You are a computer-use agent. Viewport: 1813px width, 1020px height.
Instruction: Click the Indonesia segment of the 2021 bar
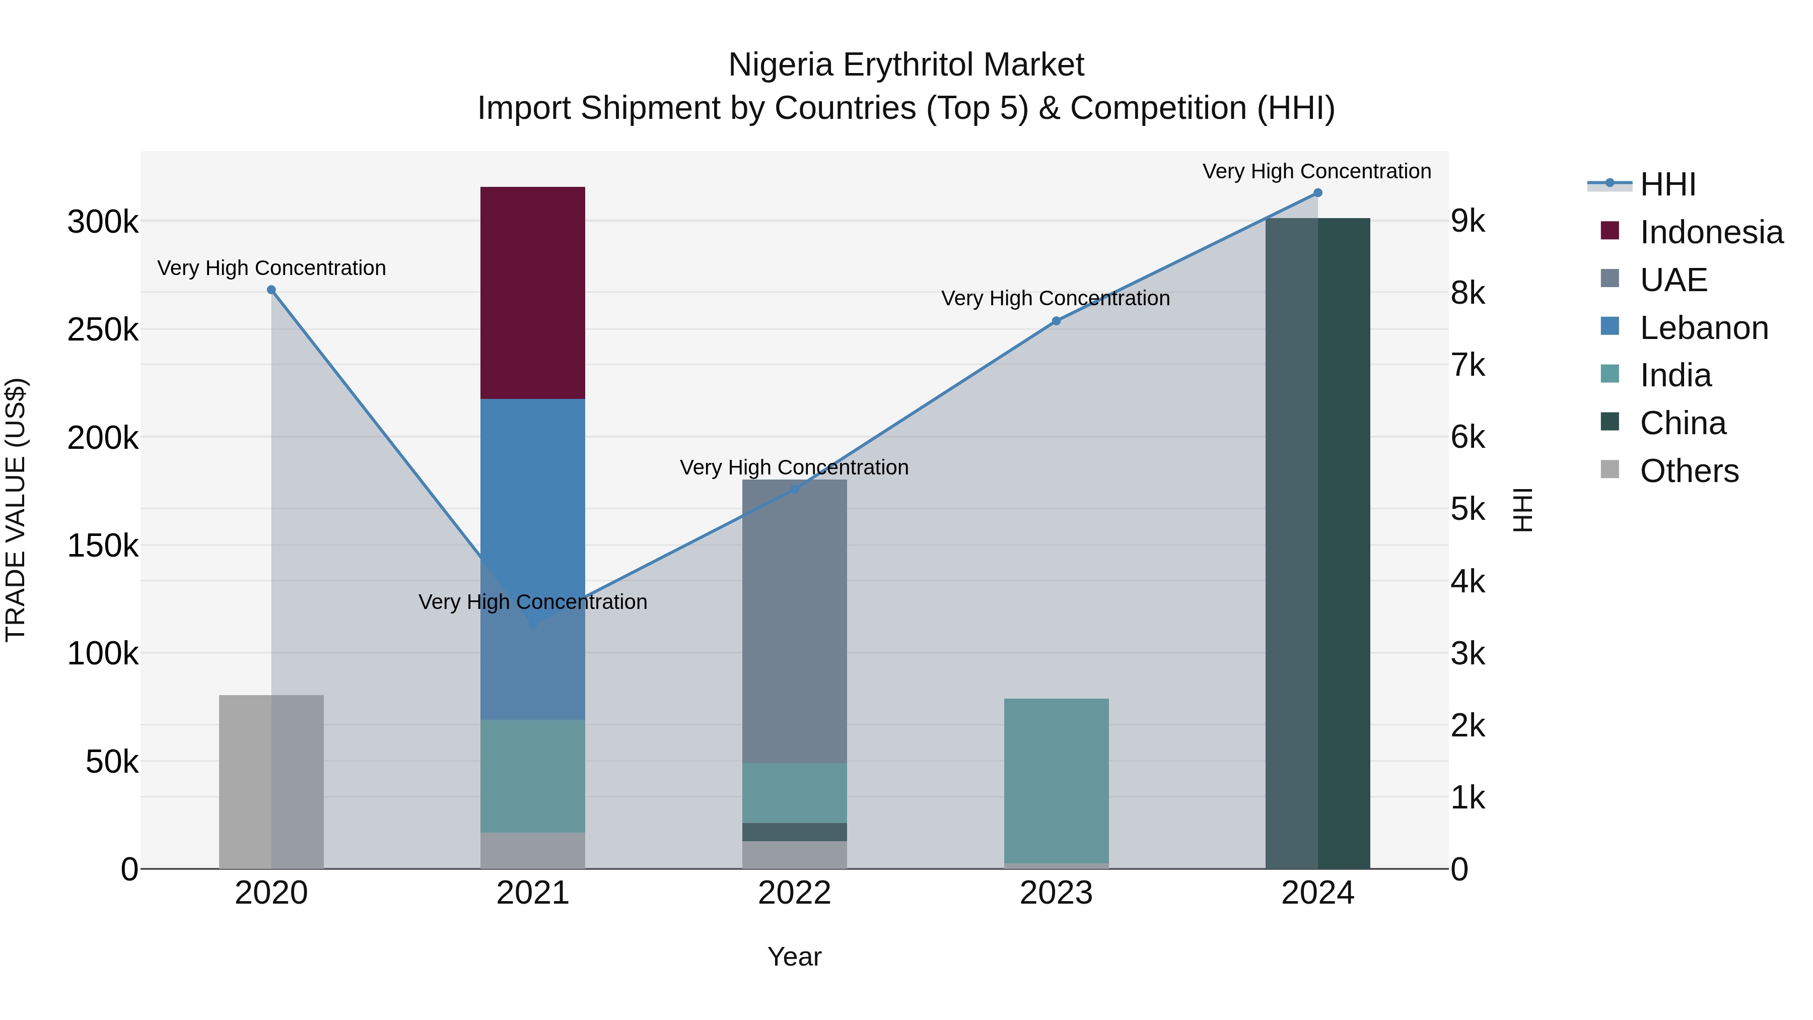click(x=533, y=293)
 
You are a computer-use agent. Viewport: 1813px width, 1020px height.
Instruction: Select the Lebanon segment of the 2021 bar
click(x=533, y=493)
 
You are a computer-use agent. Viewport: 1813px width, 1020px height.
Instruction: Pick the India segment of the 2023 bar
click(x=1056, y=781)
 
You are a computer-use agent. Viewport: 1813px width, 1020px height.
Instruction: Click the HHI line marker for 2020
click(x=271, y=290)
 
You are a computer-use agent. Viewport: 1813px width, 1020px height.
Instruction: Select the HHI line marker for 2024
click(x=1317, y=193)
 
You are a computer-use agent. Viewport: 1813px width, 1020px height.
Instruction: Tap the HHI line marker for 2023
click(x=1056, y=321)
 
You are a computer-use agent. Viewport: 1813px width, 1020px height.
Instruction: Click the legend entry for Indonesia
click(x=1711, y=232)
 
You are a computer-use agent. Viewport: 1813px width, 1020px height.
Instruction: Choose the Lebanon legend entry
click(x=1704, y=328)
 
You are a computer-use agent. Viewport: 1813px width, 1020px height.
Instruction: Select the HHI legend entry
click(x=1667, y=184)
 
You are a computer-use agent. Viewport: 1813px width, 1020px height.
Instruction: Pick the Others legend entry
click(x=1689, y=471)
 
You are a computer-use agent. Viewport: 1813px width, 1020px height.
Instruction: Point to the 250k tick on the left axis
click(x=103, y=329)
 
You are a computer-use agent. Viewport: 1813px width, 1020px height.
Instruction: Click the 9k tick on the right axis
click(x=1468, y=221)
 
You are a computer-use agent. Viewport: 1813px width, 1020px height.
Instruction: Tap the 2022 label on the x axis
click(x=795, y=893)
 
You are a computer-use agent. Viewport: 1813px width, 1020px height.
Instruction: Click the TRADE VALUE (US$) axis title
click(x=16, y=510)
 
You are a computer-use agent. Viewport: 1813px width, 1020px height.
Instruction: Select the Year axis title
click(x=795, y=957)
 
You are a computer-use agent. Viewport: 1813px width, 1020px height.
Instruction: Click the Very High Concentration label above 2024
click(x=1317, y=171)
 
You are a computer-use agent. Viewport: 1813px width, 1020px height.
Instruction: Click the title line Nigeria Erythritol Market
click(x=906, y=65)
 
